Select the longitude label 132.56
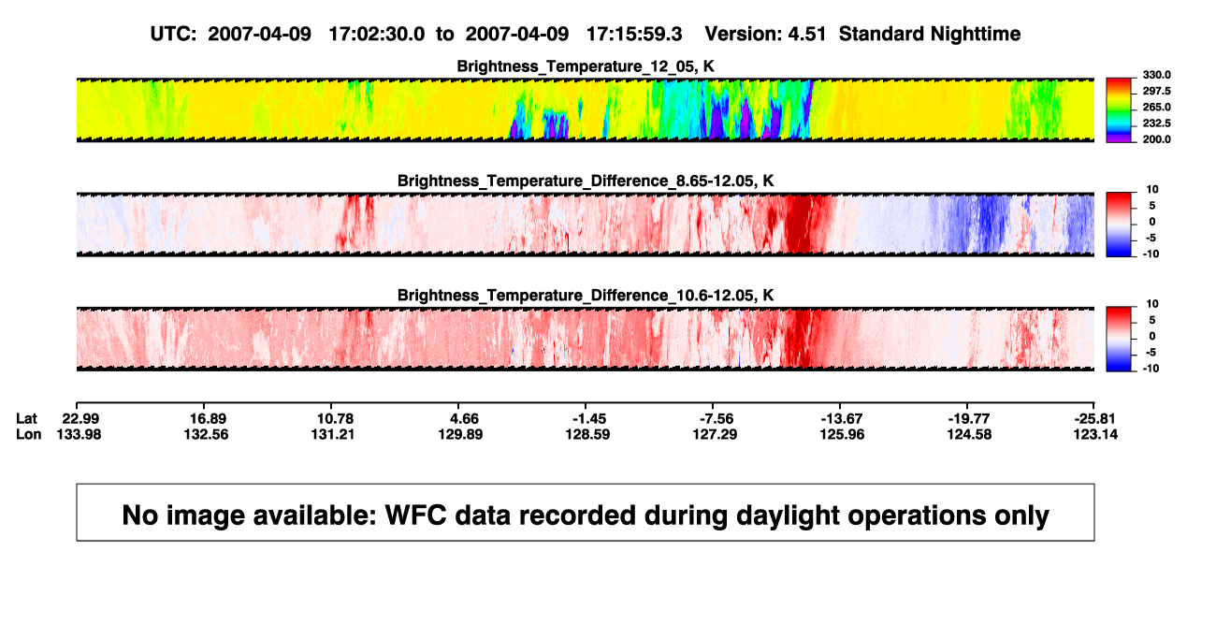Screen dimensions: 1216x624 pyautogui.click(x=206, y=434)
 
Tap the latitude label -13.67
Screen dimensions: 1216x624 pyautogui.click(x=842, y=419)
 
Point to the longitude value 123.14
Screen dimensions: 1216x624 pyautogui.click(x=1095, y=434)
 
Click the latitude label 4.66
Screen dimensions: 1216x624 pyautogui.click(x=464, y=419)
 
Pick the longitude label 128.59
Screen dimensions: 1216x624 pyautogui.click(x=587, y=434)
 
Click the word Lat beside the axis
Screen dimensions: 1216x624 pyautogui.click(x=26, y=419)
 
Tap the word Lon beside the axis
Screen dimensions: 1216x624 pyautogui.click(x=29, y=434)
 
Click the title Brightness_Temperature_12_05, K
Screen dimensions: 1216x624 pyautogui.click(x=586, y=66)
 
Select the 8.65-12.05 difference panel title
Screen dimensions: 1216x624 pyautogui.click(x=586, y=181)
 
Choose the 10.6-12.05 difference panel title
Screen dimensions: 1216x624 pyautogui.click(x=586, y=296)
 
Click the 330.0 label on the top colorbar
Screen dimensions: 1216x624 pyautogui.click(x=1156, y=75)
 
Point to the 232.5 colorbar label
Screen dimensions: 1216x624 pyautogui.click(x=1156, y=123)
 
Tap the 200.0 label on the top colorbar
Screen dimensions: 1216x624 pyautogui.click(x=1156, y=139)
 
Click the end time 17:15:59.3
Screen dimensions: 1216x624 pyautogui.click(x=634, y=35)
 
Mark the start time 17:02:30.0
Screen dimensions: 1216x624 pyautogui.click(x=377, y=35)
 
